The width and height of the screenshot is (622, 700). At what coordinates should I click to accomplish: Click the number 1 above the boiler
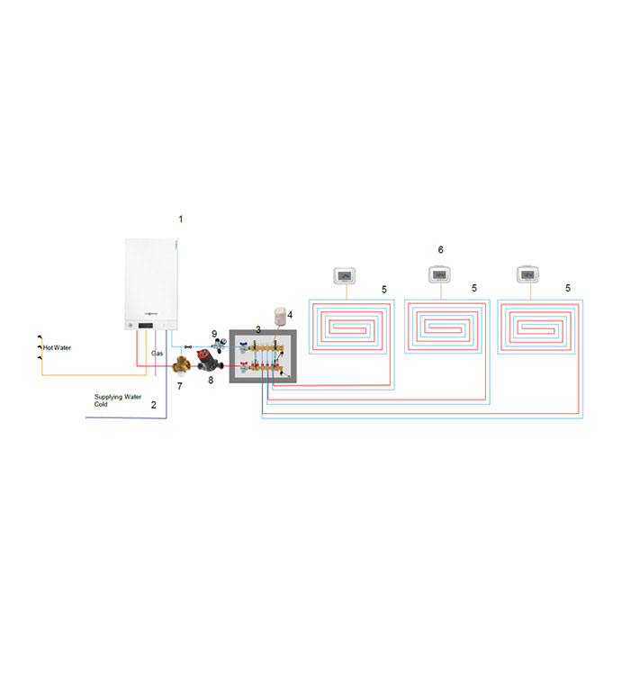coord(180,219)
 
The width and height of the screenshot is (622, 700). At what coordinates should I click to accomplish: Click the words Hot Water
coord(58,346)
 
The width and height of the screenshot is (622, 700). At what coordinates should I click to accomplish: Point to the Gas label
coord(157,354)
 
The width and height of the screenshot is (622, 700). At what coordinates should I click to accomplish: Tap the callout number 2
coord(153,405)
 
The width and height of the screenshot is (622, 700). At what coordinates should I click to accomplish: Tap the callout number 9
coord(214,334)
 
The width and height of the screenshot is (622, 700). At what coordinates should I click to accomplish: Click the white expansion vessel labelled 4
coord(282,315)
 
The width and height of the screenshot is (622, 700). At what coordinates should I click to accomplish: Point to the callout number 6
coord(440,249)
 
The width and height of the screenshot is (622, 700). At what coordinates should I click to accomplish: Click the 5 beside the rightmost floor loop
coord(567,289)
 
